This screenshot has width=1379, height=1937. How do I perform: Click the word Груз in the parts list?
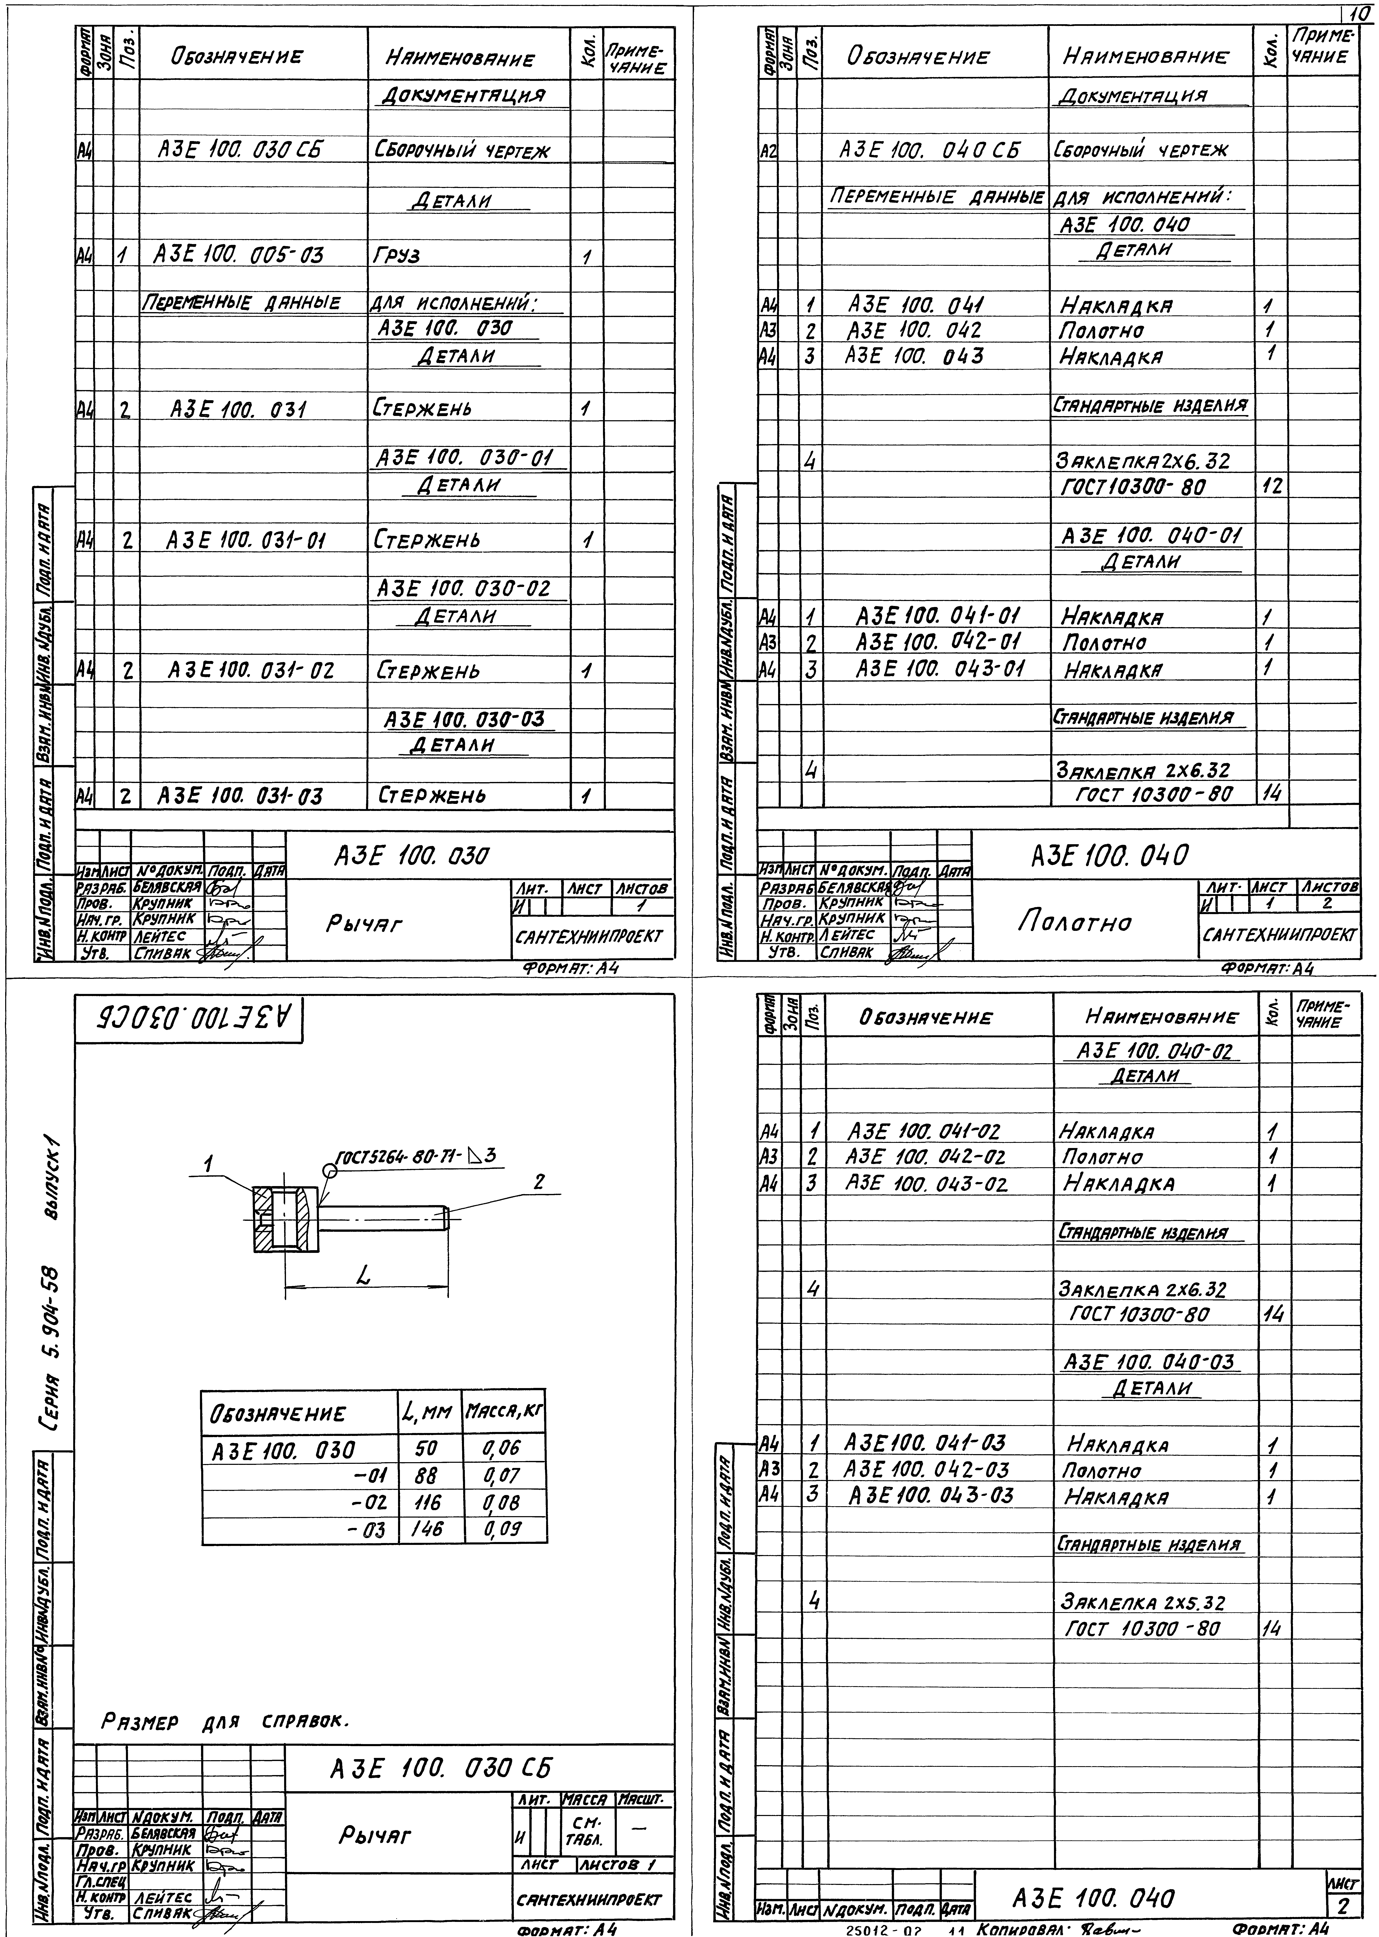click(x=396, y=255)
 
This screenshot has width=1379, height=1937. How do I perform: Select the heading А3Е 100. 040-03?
click(x=1151, y=1363)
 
